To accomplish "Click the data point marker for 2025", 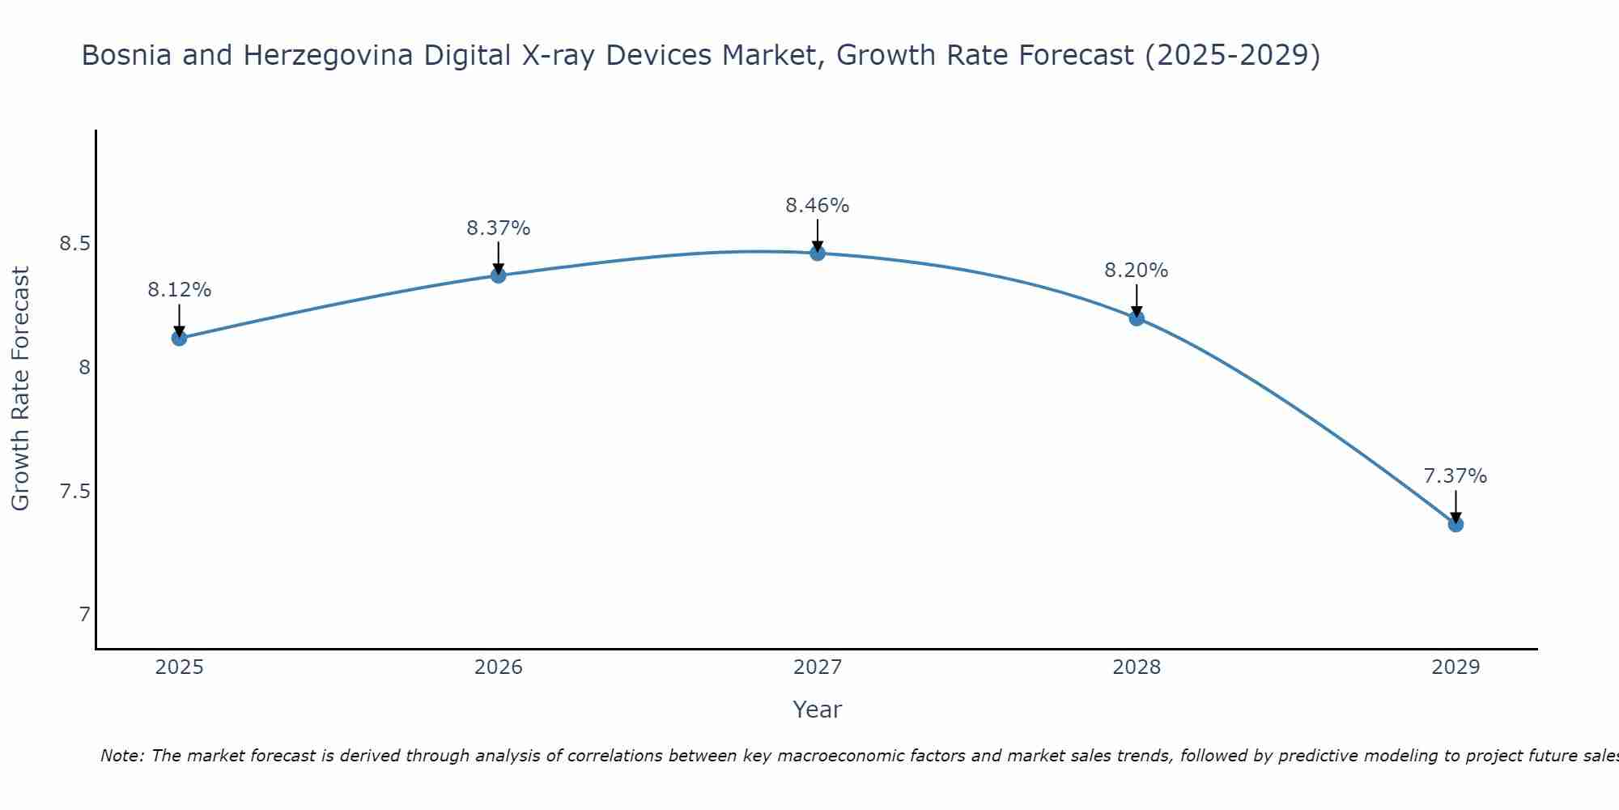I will [x=179, y=338].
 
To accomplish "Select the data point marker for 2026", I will [x=498, y=275].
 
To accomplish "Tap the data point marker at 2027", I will [x=818, y=253].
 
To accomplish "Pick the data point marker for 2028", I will [x=1137, y=318].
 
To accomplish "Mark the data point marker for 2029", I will [x=1455, y=524].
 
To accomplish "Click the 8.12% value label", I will [x=179, y=290].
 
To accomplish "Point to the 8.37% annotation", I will [x=498, y=228].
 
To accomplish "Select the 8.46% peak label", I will [x=818, y=206].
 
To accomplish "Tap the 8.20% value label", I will [x=1137, y=271].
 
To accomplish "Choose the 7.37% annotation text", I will [x=1455, y=476].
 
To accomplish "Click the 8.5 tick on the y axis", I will [x=74, y=244].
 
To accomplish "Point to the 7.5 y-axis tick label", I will [x=74, y=492].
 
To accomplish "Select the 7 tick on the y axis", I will [x=84, y=615].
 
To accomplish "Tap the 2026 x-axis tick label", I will [x=498, y=667].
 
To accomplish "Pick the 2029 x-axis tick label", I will [x=1455, y=667].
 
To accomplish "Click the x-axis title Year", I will [x=818, y=710].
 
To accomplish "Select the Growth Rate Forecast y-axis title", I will [x=21, y=389].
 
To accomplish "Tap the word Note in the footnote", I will [x=121, y=756].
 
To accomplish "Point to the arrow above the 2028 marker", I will [x=1137, y=300].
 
